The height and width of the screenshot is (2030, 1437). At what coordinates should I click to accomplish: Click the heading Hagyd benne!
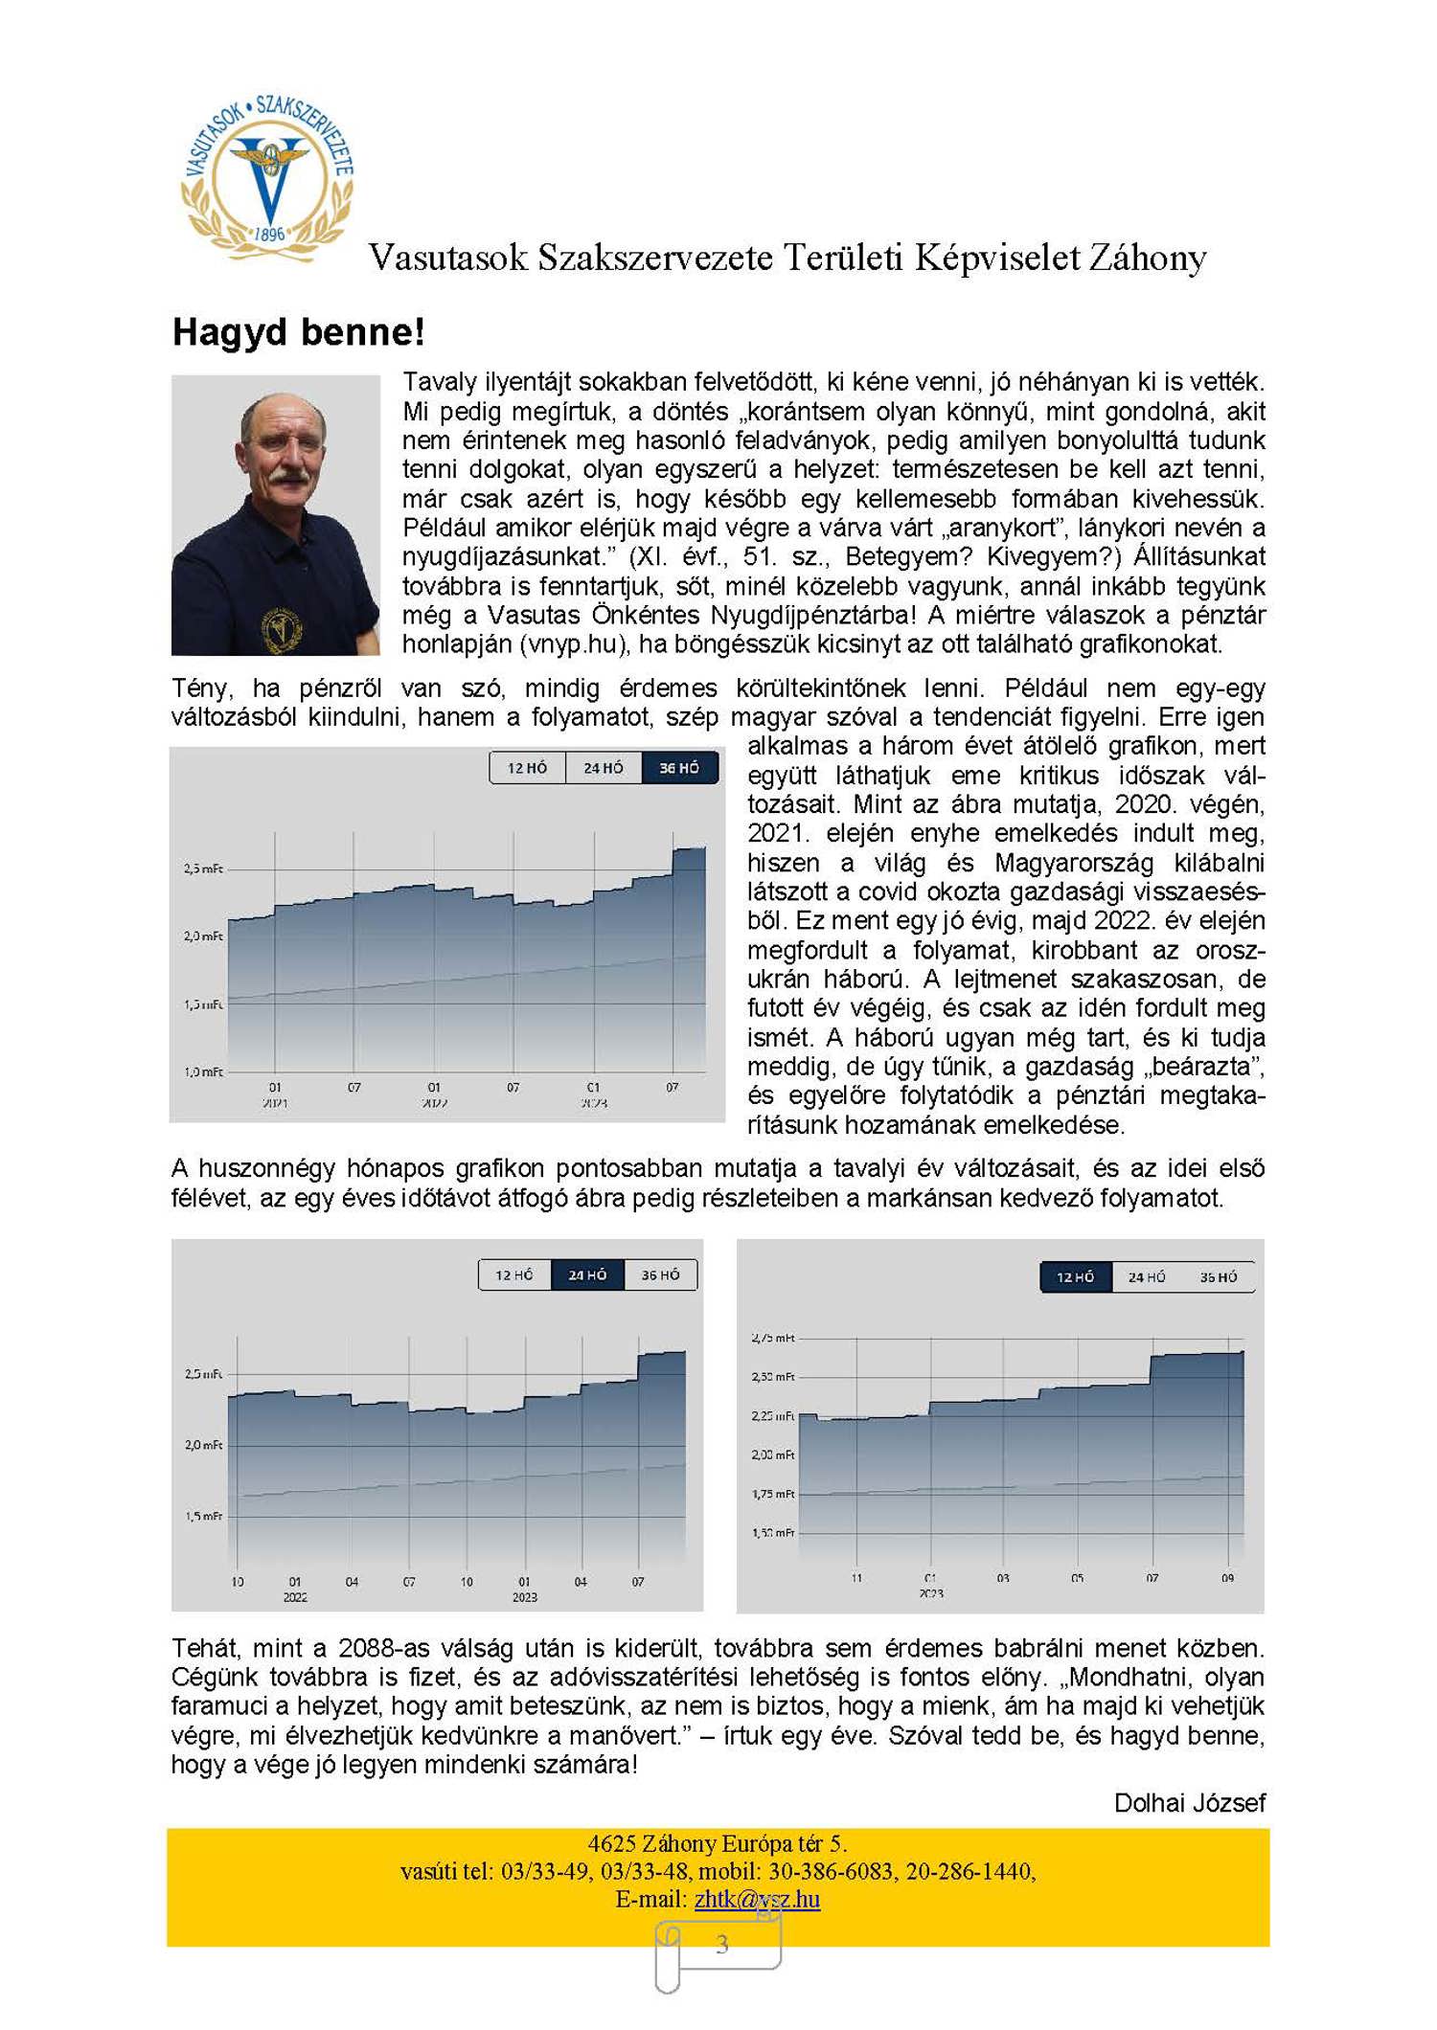(298, 332)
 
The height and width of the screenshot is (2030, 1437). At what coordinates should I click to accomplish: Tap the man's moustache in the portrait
(285, 475)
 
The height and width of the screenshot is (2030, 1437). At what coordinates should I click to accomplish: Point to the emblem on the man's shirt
(281, 628)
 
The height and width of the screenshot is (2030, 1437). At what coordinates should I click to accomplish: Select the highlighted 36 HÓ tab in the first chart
(679, 768)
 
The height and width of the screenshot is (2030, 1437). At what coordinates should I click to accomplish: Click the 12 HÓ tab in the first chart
(527, 768)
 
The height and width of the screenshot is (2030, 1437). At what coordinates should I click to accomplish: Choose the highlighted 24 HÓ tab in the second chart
(587, 1275)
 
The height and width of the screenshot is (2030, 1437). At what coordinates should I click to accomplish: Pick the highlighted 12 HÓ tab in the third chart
(1075, 1277)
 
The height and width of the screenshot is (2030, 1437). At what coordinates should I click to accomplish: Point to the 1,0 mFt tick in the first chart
(203, 1071)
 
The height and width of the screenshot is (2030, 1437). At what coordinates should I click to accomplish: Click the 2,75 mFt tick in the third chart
(773, 1338)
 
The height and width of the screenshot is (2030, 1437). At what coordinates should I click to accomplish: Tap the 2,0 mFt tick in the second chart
(203, 1445)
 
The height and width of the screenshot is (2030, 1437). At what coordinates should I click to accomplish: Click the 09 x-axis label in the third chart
(1227, 1577)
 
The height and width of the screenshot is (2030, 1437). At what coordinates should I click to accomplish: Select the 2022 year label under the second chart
(295, 1597)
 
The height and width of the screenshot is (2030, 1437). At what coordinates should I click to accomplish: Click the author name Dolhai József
(1189, 1803)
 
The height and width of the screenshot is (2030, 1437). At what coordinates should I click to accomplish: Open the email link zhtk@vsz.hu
(757, 1899)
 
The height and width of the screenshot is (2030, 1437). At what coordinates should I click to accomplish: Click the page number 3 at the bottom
(721, 1945)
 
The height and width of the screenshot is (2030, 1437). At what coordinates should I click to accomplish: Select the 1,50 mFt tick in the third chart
(773, 1533)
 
